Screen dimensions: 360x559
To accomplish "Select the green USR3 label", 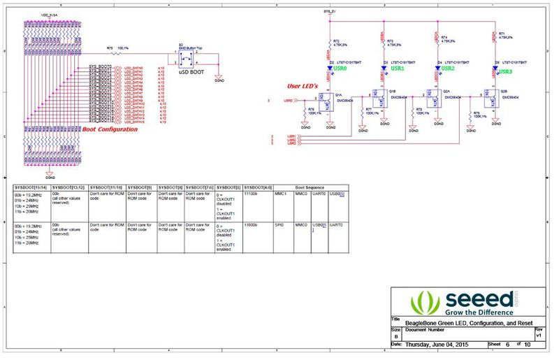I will coord(505,71).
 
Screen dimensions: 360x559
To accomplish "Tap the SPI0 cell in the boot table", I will coord(280,225).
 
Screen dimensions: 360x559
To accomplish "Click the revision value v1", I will coord(538,336).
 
